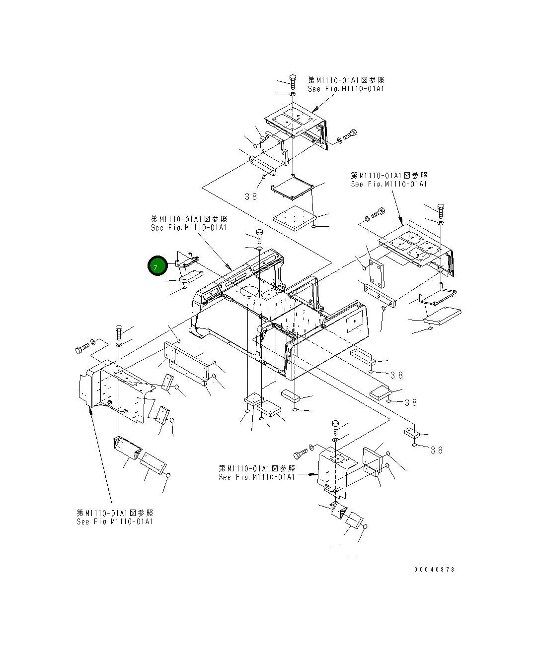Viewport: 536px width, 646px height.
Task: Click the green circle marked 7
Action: coord(157,265)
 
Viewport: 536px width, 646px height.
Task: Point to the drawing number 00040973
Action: coord(434,570)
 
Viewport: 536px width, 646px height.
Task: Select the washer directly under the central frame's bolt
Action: coord(259,249)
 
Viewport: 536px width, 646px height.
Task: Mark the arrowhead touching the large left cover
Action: coord(90,410)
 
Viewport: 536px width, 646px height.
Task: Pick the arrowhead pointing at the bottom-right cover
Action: coord(315,474)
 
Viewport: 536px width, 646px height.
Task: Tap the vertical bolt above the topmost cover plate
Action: coord(293,82)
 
